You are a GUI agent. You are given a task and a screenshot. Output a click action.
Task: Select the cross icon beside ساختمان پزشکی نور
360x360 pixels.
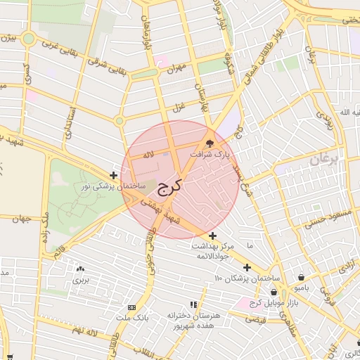(x=114, y=174)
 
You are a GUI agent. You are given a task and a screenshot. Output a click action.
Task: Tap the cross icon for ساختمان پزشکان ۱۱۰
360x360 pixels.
(x=247, y=267)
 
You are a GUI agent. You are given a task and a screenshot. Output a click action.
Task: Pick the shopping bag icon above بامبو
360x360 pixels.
(x=302, y=277)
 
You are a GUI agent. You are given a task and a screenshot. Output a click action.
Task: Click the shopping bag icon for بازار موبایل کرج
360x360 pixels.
(x=274, y=292)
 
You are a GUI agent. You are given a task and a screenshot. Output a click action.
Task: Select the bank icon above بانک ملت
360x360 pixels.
(x=131, y=308)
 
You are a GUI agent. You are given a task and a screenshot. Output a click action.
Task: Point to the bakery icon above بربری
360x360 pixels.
(x=79, y=269)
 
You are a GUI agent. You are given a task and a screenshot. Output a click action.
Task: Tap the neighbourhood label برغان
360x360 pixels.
(x=323, y=160)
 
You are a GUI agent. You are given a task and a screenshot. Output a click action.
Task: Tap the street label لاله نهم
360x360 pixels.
(x=90, y=330)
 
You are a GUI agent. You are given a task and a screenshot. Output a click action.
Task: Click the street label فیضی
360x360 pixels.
(x=256, y=319)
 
